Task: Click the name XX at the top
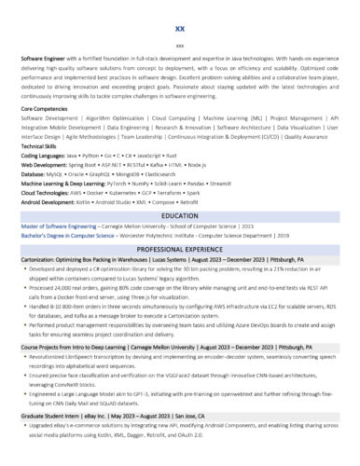click(179, 29)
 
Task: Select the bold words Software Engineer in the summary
click(43, 58)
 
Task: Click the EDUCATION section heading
click(179, 215)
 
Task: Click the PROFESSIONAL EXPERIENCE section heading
click(179, 251)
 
